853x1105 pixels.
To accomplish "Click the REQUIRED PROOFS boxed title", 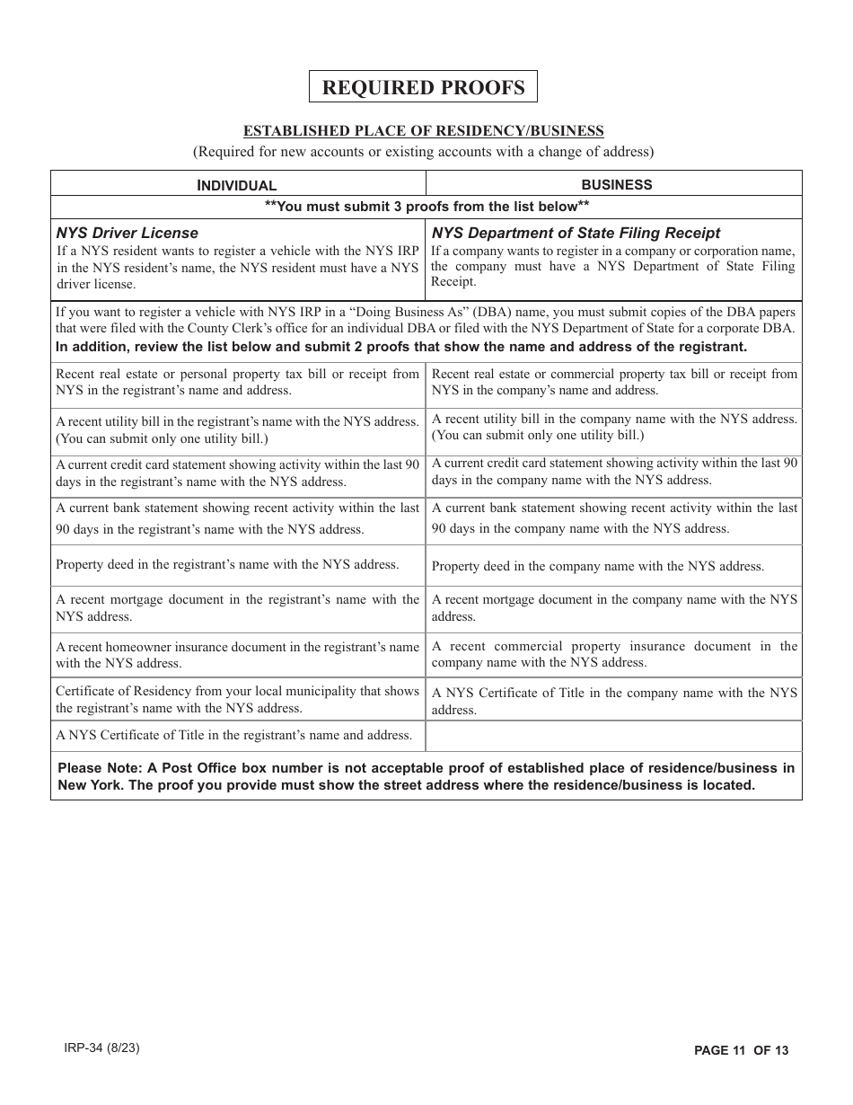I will (x=423, y=87).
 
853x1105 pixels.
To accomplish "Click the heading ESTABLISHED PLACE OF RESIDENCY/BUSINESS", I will (x=424, y=131).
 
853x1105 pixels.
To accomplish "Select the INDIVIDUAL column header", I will (x=237, y=185).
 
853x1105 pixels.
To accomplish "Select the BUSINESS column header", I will (x=617, y=184).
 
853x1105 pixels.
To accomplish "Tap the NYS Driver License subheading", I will (x=127, y=233).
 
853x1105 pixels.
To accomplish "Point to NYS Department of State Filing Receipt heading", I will (x=576, y=233).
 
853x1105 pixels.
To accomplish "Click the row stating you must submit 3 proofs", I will (x=426, y=207).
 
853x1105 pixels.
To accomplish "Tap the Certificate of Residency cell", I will (x=237, y=699).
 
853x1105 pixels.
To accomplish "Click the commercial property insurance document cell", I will (x=614, y=654).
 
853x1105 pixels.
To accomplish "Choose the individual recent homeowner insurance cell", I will (x=237, y=655).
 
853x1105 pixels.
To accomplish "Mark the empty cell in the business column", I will (x=614, y=736).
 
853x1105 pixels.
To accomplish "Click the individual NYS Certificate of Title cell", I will (x=233, y=735).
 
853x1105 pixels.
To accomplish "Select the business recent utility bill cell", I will (x=614, y=427).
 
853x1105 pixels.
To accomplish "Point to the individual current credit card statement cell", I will (x=237, y=473).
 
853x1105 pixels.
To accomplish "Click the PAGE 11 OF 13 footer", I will (x=741, y=1050).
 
